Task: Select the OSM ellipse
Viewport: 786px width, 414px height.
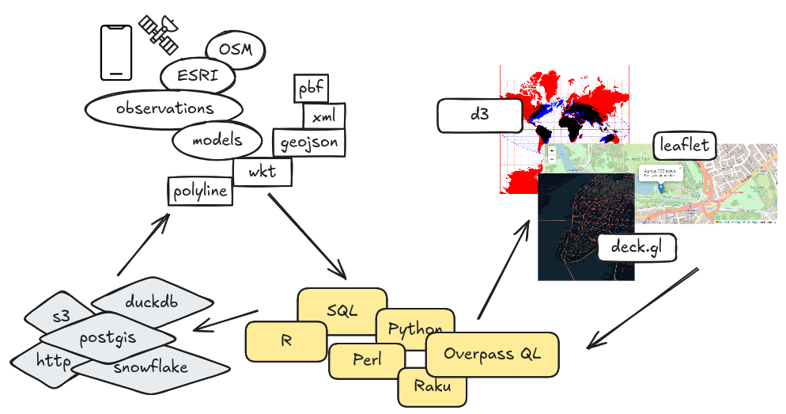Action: (235, 51)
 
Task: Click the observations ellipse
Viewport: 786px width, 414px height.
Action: (164, 108)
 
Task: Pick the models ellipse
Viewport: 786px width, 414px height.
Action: (217, 142)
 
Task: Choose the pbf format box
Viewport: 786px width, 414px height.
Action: (311, 89)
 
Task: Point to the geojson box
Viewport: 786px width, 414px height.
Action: (309, 142)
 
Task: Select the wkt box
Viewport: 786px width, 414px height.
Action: (263, 171)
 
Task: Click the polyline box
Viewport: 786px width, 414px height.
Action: (201, 192)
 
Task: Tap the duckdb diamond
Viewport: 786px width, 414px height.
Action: (153, 302)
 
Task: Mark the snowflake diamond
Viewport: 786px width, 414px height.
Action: (150, 368)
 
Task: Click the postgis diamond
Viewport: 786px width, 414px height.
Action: (108, 339)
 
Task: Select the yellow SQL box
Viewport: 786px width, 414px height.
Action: (342, 310)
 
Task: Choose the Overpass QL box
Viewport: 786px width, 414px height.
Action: (492, 354)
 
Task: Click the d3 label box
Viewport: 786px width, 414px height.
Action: (480, 115)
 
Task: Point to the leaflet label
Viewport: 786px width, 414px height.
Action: (685, 146)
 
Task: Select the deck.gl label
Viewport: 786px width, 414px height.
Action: (637, 248)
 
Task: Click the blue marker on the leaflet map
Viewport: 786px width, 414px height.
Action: (661, 188)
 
